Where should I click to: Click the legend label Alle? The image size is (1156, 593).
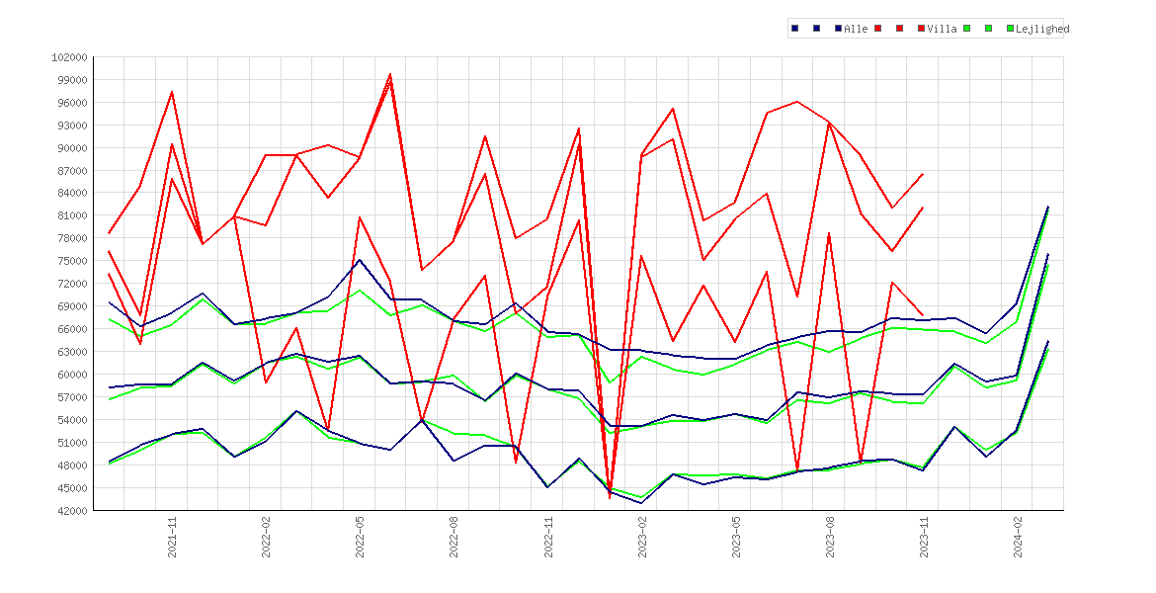click(856, 29)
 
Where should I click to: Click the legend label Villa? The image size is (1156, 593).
click(943, 29)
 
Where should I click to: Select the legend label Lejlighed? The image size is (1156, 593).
click(1042, 29)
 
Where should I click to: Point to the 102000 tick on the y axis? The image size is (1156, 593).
click(69, 57)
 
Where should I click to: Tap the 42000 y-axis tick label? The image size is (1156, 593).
click(72, 510)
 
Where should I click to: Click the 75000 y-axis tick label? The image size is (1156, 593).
click(72, 261)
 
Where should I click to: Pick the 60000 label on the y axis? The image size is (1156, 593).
click(72, 375)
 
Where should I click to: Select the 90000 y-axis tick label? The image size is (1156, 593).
click(72, 148)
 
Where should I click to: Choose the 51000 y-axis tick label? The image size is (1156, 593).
click(72, 443)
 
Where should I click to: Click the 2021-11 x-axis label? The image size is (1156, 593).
click(172, 537)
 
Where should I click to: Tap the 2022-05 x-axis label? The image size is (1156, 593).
click(360, 537)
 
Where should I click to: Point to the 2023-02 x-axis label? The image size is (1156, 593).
click(642, 537)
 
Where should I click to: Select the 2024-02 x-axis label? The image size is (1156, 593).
click(1018, 537)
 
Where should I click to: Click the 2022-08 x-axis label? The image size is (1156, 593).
click(454, 537)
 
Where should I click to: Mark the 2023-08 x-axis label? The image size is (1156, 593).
click(830, 537)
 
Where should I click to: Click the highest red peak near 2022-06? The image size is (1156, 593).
click(390, 74)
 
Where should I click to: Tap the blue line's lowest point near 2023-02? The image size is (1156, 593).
click(640, 503)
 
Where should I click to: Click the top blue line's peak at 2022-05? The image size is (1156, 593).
click(359, 260)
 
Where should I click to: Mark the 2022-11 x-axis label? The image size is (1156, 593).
click(547, 537)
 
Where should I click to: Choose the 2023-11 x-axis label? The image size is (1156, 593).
click(924, 537)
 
